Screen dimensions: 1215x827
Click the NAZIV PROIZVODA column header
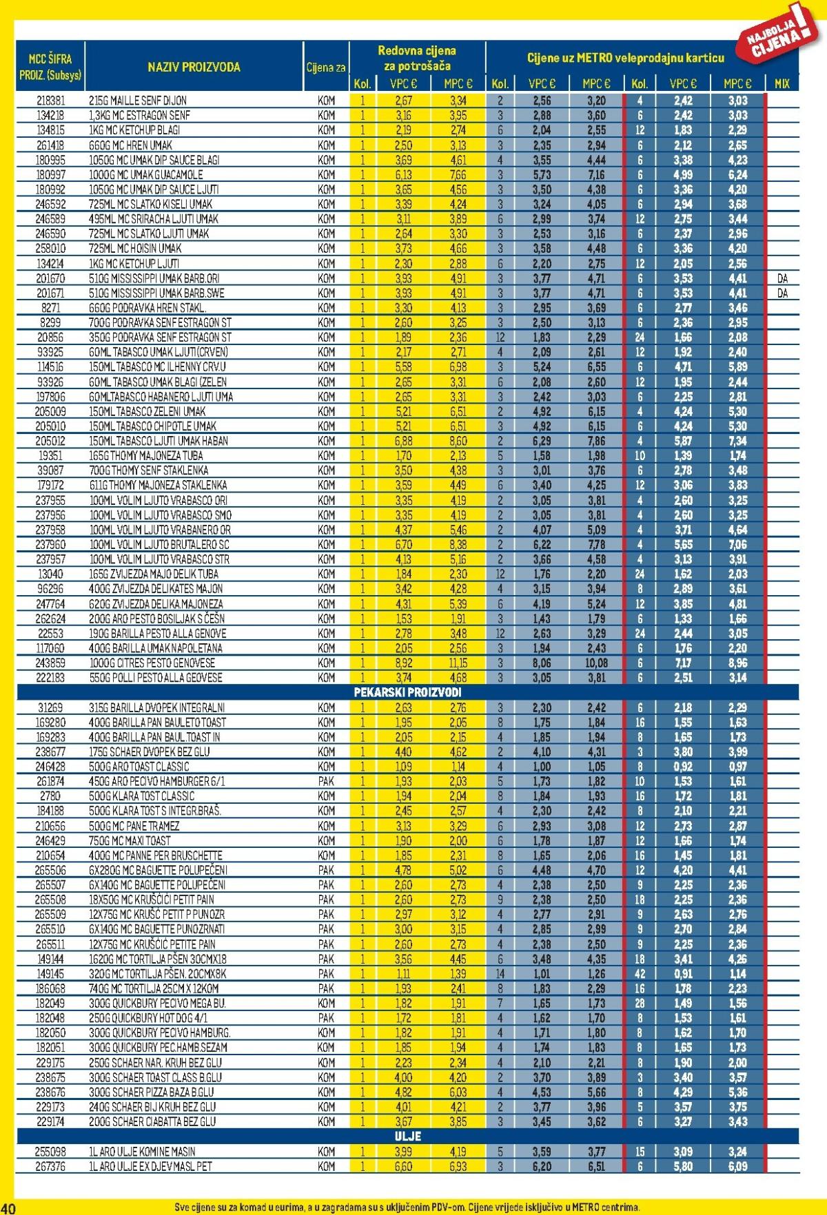(194, 67)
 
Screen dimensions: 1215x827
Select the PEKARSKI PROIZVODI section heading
(407, 692)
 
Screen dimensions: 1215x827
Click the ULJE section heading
(407, 1136)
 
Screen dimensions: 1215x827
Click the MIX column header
(782, 84)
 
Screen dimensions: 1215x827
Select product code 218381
(50, 101)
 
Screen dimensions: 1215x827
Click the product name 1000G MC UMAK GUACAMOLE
(145, 175)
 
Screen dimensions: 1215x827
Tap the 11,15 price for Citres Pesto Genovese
(458, 663)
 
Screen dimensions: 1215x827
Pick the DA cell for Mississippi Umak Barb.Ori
(782, 278)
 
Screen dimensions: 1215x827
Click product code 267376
(50, 1166)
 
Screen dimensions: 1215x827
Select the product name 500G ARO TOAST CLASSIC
(139, 767)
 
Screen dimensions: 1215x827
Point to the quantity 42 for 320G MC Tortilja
(640, 974)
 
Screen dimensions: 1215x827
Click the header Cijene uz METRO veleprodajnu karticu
(625, 58)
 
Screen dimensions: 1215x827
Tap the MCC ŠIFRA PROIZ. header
(50, 67)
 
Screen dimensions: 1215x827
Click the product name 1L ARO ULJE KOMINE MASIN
(142, 1152)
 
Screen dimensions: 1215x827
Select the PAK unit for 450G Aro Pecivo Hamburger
(327, 781)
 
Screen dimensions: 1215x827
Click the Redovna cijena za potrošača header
(416, 58)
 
